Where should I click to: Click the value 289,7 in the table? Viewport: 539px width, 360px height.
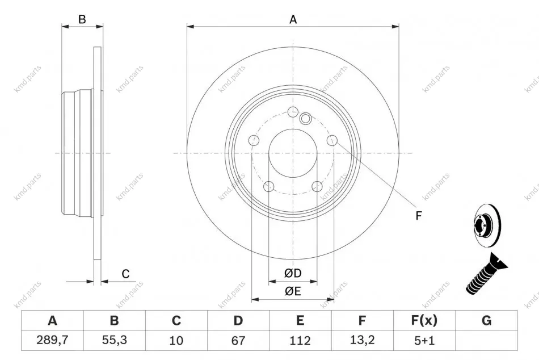53,340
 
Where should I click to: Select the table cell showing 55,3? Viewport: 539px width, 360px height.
115,340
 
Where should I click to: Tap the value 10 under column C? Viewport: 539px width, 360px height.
176,340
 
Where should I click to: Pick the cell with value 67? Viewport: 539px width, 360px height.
238,340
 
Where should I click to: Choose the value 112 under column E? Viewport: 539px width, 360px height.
300,340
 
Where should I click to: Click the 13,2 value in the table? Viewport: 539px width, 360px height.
362,340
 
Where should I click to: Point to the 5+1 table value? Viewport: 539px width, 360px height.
424,340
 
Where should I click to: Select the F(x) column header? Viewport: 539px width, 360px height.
424,320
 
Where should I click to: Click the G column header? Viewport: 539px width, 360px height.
486,320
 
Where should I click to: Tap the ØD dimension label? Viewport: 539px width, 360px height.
293,273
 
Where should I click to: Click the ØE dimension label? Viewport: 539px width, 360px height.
293,291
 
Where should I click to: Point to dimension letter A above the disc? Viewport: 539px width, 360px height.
293,20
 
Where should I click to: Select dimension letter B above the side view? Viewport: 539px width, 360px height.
82,19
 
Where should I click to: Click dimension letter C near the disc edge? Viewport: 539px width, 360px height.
125,274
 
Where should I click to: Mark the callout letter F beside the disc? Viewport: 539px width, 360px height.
418,215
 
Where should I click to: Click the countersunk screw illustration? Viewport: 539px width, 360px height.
486,274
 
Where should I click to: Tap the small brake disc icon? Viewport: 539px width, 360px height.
487,225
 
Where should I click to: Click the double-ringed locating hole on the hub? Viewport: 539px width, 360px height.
305,119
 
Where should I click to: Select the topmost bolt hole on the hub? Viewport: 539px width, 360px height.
293,111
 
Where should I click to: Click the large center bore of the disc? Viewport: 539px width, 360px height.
293,153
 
